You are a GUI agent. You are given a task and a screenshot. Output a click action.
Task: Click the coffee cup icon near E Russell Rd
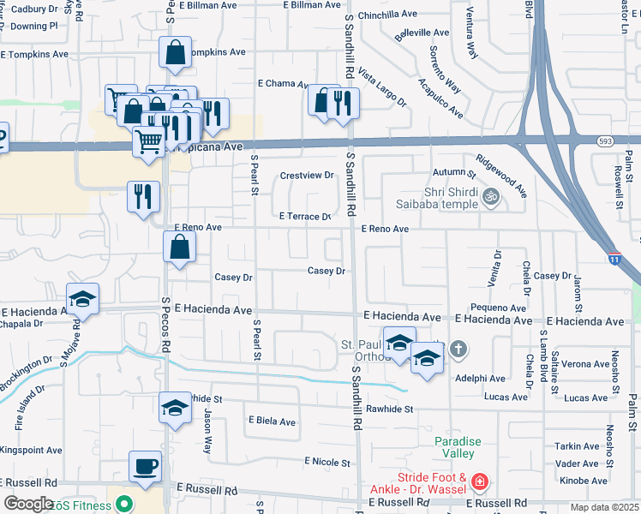[x=144, y=466]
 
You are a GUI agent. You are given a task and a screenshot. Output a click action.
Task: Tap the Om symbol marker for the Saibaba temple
[x=492, y=195]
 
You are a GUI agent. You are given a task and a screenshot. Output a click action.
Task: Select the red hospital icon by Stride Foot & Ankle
[x=479, y=483]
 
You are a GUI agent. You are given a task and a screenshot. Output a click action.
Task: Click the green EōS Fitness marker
[x=125, y=505]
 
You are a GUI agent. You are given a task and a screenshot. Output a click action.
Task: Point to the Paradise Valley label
[x=458, y=447]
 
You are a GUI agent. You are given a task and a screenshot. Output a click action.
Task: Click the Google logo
[x=29, y=503]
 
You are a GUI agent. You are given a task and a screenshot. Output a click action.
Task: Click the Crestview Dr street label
[x=307, y=176]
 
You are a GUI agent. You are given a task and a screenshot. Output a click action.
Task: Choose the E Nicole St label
[x=327, y=462]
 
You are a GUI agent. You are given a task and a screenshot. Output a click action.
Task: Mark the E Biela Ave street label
[x=272, y=421]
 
